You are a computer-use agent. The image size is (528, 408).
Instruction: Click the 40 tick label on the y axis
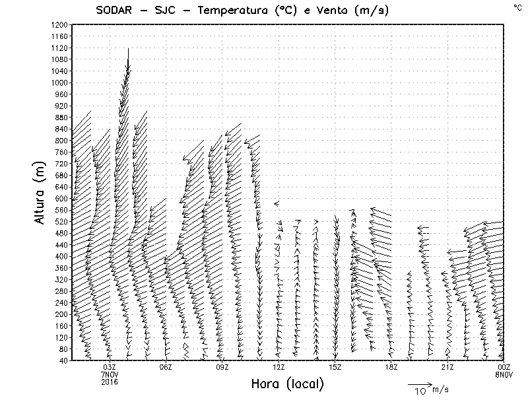[63, 360]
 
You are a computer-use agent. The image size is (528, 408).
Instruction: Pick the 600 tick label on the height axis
[61, 198]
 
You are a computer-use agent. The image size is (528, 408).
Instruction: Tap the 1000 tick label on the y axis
[59, 83]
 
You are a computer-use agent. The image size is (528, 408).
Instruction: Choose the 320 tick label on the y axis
[61, 279]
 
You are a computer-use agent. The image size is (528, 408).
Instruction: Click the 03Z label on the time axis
[110, 367]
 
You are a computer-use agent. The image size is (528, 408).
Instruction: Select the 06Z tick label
[166, 367]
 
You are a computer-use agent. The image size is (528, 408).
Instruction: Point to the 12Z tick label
[279, 367]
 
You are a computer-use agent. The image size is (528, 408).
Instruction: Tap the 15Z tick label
[335, 367]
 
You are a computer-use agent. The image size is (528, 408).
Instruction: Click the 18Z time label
[391, 367]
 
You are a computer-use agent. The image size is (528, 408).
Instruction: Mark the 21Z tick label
[447, 367]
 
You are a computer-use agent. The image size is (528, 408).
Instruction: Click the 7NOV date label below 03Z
[110, 374]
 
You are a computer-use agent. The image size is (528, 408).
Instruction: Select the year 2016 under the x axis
[110, 382]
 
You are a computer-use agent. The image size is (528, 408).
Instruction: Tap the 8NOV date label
[504, 374]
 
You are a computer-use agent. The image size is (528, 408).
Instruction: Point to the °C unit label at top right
[517, 7]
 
